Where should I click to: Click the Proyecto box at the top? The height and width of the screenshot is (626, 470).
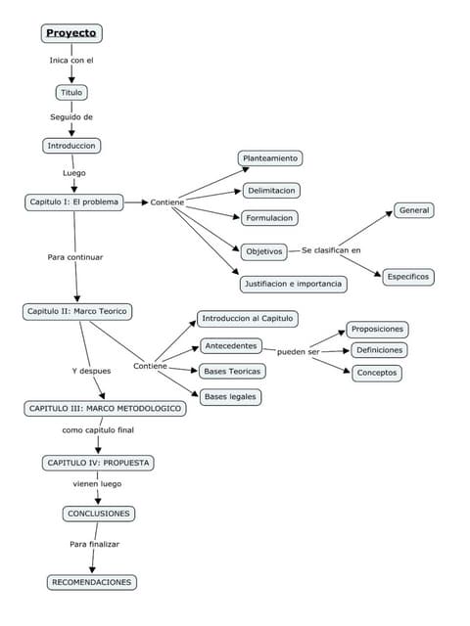pyautogui.click(x=71, y=33)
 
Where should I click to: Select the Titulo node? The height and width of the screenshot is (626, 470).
pyautogui.click(x=71, y=93)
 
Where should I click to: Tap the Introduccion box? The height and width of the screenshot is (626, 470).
pyautogui.click(x=72, y=146)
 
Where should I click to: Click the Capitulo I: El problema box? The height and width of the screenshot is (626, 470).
pyautogui.click(x=74, y=202)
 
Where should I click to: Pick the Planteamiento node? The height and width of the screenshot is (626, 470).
pyautogui.click(x=271, y=157)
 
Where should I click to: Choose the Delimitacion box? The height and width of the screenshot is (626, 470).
pyautogui.click(x=272, y=190)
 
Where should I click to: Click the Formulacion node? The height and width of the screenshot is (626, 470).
pyautogui.click(x=270, y=217)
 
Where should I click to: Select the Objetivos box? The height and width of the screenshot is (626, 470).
pyautogui.click(x=262, y=251)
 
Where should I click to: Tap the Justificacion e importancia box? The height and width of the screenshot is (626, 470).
pyautogui.click(x=293, y=284)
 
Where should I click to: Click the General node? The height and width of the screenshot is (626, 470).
pyautogui.click(x=414, y=210)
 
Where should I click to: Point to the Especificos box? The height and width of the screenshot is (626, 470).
pyautogui.click(x=407, y=277)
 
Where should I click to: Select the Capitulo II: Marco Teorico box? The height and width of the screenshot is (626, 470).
pyautogui.click(x=77, y=311)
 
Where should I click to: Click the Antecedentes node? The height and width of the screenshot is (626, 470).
pyautogui.click(x=231, y=345)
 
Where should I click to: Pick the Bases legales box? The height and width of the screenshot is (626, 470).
pyautogui.click(x=230, y=397)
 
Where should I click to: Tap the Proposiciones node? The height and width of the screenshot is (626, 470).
pyautogui.click(x=378, y=330)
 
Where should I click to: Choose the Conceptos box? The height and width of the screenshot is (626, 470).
pyautogui.click(x=377, y=373)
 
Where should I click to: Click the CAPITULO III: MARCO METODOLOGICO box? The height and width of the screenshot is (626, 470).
pyautogui.click(x=105, y=408)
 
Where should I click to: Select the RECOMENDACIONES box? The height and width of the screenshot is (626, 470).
pyautogui.click(x=92, y=582)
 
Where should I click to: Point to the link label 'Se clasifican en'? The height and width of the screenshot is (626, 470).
pyautogui.click(x=331, y=250)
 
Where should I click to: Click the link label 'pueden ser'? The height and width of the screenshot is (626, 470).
pyautogui.click(x=298, y=352)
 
